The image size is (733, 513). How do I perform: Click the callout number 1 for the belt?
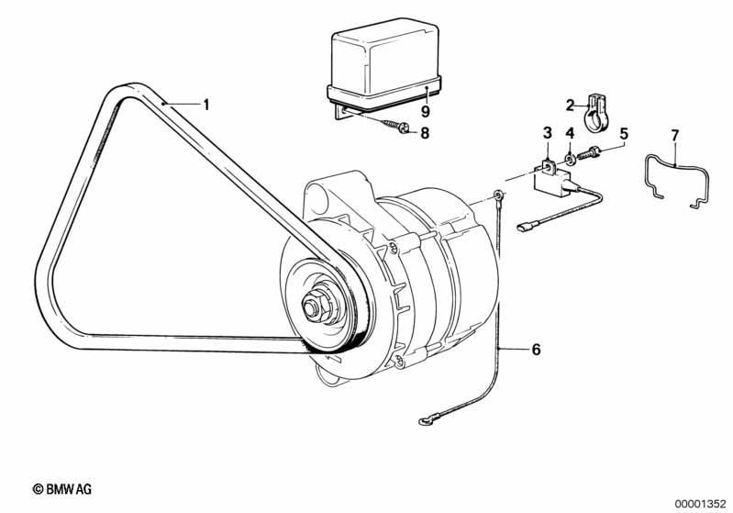click(x=205, y=105)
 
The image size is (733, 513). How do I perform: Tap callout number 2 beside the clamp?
click(x=570, y=106)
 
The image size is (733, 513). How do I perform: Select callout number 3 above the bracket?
click(x=548, y=133)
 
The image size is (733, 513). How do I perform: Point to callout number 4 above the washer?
click(x=570, y=133)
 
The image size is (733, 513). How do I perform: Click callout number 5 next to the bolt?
click(x=624, y=134)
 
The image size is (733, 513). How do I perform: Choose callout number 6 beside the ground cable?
click(x=536, y=350)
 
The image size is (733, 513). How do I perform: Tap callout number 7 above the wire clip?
click(x=674, y=136)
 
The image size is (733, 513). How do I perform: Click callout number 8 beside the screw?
click(x=425, y=133)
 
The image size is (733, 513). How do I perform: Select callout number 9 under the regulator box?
click(x=425, y=111)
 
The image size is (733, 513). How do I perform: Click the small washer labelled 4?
click(x=570, y=160)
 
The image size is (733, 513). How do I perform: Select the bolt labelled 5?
click(x=589, y=153)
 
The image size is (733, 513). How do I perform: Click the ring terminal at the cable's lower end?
click(x=426, y=421)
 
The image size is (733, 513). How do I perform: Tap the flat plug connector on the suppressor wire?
click(x=525, y=228)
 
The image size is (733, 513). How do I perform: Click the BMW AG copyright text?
click(x=61, y=489)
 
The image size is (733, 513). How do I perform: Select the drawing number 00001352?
click(x=700, y=504)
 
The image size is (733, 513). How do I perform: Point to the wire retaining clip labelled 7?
click(x=677, y=180)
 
